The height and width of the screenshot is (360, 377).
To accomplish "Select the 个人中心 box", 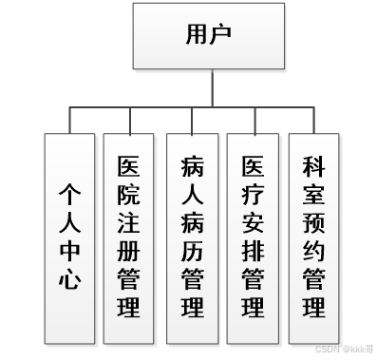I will (x=69, y=238).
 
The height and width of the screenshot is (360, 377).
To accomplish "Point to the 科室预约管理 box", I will (x=312, y=238).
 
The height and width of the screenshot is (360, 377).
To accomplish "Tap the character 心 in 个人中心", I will (x=69, y=279).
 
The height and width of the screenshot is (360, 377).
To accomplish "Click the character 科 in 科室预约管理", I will (x=312, y=167).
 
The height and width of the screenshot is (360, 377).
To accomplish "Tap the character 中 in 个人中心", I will (x=69, y=253).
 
